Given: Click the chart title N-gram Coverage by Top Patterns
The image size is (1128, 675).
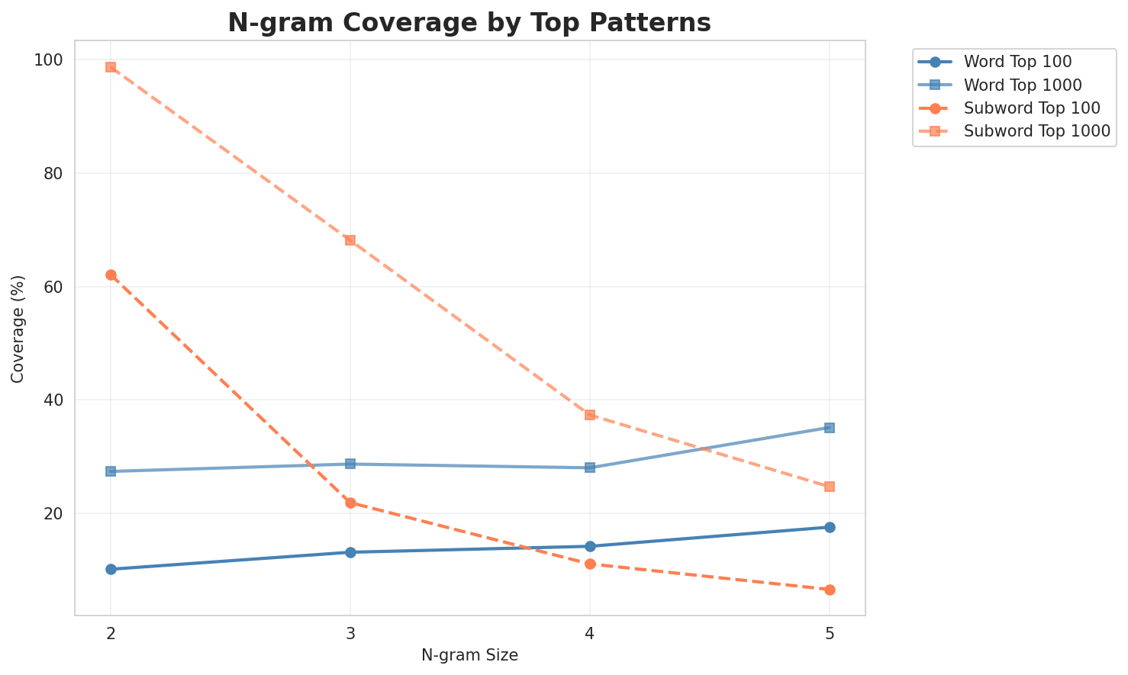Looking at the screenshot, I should pyautogui.click(x=469, y=23).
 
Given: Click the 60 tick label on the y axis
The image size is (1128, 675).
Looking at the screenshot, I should pyautogui.click(x=57, y=287).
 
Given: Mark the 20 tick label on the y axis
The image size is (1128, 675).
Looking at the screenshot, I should pyautogui.click(x=57, y=513).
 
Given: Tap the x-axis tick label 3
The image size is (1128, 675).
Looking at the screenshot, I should pyautogui.click(x=350, y=634).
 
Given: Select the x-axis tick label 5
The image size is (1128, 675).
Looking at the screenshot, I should pyautogui.click(x=830, y=634).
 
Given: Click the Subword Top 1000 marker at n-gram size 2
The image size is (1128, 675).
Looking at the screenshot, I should pyautogui.click(x=111, y=67).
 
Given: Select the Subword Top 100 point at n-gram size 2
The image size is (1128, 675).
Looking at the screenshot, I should pyautogui.click(x=111, y=275).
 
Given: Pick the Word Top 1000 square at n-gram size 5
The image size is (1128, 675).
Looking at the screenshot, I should pyautogui.click(x=830, y=428).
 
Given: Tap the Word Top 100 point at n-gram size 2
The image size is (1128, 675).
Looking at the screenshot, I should pyautogui.click(x=111, y=569).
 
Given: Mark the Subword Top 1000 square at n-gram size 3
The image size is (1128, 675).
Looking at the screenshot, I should pyautogui.click(x=350, y=240).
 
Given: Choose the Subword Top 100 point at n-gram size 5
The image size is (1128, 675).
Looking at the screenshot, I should pyautogui.click(x=830, y=590).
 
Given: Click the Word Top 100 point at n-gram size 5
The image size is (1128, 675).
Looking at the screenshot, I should pyautogui.click(x=830, y=527).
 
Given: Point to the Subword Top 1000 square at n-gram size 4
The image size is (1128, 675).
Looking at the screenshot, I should pyautogui.click(x=590, y=415).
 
